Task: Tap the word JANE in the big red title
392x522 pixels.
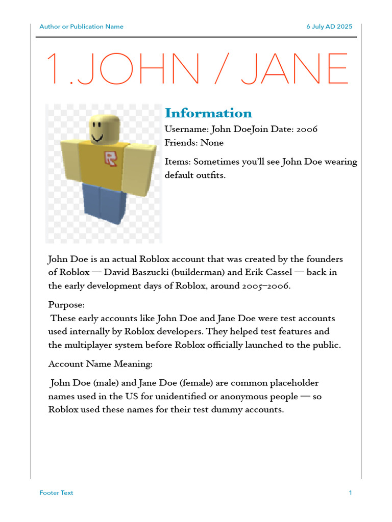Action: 295,69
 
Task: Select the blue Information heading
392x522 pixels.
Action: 208,113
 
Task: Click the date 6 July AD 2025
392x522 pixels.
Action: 329,27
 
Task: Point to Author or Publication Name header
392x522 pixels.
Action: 81,27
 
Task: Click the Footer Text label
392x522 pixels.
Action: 56,493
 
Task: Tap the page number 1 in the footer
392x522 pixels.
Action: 351,493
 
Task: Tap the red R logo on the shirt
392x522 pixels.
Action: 110,159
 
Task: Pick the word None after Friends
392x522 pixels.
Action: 212,143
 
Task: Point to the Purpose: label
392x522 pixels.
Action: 67,305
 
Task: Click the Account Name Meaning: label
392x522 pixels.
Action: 100,364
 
